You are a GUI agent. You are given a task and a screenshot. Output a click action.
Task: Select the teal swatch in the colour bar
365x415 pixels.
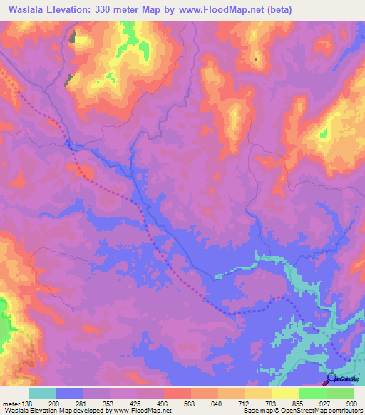click(42, 393)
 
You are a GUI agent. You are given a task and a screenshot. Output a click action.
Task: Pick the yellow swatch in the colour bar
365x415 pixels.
click(286, 393)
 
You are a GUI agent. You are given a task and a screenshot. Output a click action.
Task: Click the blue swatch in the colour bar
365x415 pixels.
click(69, 393)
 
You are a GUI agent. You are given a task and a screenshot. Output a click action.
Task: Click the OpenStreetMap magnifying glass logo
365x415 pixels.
click(332, 380)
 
